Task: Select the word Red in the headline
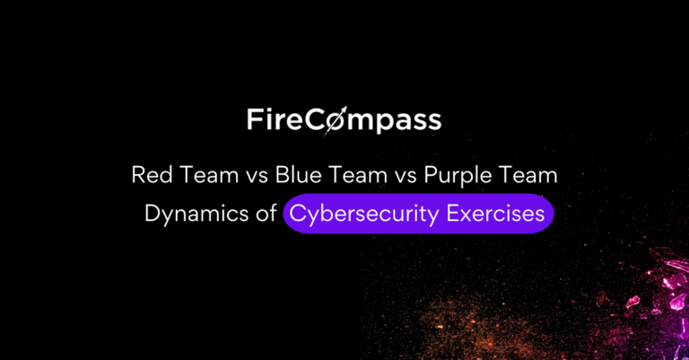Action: [x=150, y=175]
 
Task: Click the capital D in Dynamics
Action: [x=150, y=214]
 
